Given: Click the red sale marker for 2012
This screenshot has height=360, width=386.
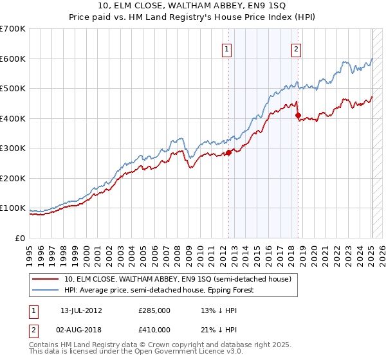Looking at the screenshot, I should pos(228,153).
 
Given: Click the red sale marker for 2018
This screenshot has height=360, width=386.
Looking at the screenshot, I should pos(298,116).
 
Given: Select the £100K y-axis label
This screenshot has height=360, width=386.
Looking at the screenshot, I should pos(14,208).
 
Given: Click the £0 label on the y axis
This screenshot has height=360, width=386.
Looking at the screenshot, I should pos(19,239).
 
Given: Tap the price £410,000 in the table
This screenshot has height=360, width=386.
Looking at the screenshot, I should pos(154,330).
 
